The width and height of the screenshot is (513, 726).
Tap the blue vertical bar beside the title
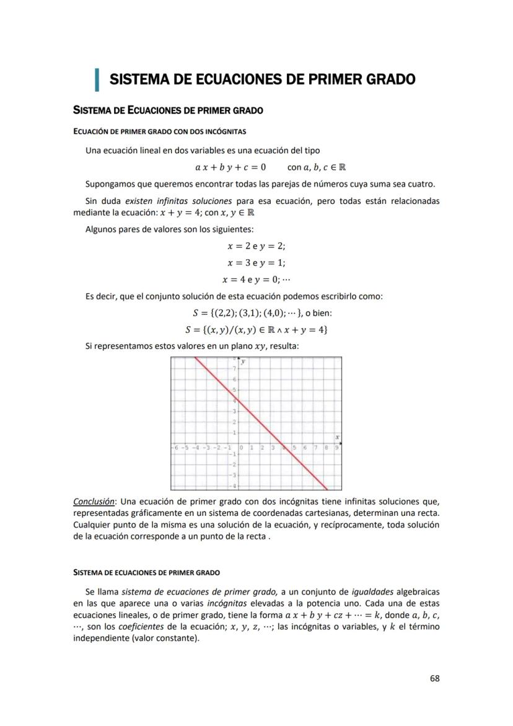97,79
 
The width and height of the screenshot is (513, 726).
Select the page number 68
434,678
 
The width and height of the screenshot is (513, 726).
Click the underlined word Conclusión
94,501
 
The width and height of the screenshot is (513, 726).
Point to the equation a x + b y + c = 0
230,167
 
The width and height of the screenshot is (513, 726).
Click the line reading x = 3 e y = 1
256,263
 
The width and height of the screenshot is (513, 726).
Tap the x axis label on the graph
337,437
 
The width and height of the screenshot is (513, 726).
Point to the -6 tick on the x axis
175,447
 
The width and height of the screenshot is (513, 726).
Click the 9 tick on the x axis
336,447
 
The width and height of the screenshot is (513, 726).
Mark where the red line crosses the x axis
283,444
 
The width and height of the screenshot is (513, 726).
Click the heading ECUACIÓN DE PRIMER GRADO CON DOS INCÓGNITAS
160,131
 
